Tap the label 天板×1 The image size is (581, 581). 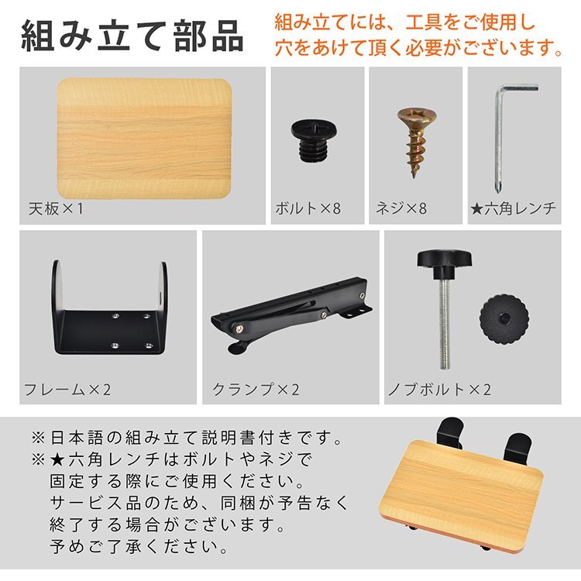[55, 208]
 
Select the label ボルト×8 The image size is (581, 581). [308, 208]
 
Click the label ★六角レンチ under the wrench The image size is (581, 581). [514, 208]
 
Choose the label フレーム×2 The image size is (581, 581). [67, 389]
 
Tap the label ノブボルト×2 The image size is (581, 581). [439, 389]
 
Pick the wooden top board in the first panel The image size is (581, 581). [144, 138]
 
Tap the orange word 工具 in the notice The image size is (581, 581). [411, 20]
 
